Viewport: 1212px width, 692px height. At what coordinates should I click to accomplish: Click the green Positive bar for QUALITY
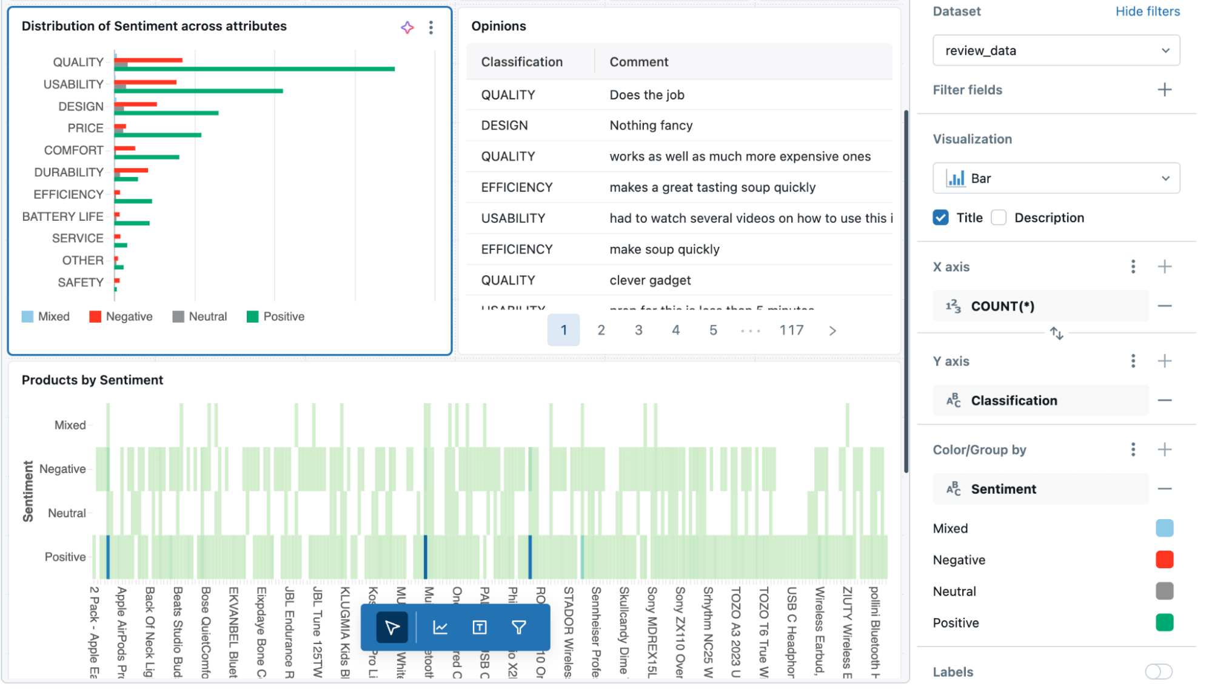click(255, 69)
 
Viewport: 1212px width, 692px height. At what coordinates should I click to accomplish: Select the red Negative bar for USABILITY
click(146, 82)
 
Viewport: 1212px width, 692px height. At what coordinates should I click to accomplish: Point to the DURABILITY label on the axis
click(69, 172)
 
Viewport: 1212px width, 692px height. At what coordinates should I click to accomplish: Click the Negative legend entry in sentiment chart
click(121, 317)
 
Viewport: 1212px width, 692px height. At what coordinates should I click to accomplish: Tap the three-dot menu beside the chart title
click(431, 27)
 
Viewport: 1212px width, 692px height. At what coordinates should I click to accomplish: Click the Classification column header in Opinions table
click(521, 62)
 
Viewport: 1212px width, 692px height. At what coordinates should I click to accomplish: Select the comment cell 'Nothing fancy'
click(651, 126)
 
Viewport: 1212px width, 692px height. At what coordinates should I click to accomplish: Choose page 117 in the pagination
click(791, 331)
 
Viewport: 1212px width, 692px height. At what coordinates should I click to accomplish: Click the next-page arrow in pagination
click(832, 331)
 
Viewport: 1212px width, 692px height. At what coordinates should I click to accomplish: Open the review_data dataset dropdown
click(1056, 51)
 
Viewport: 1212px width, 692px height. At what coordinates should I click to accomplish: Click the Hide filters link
click(1147, 12)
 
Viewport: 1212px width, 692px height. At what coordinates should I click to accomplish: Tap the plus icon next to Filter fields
click(1164, 90)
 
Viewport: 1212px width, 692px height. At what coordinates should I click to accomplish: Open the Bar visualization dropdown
click(1056, 178)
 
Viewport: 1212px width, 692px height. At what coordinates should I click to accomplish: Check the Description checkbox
click(999, 218)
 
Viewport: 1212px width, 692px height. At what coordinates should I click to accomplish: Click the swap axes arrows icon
click(1056, 334)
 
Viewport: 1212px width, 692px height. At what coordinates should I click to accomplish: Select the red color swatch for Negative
click(1164, 560)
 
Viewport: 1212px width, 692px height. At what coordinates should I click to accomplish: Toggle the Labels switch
click(1158, 671)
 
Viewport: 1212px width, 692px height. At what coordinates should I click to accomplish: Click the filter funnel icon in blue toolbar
click(518, 628)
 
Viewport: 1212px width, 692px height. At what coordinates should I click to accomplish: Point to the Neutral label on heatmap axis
click(67, 513)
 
